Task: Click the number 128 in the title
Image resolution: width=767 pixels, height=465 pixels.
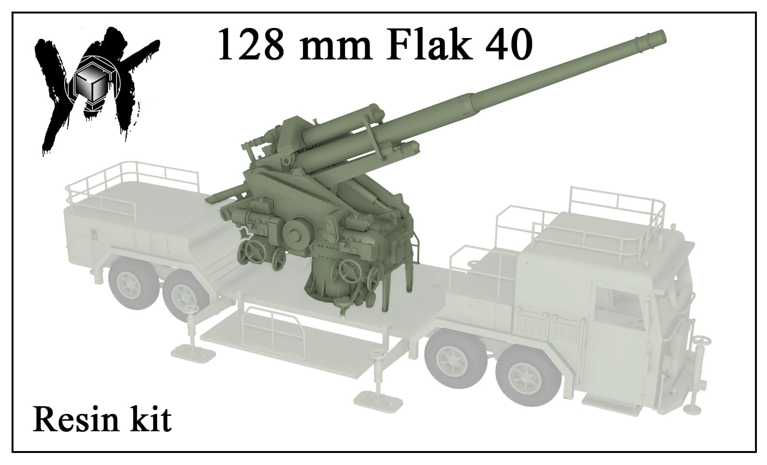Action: (x=251, y=44)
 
